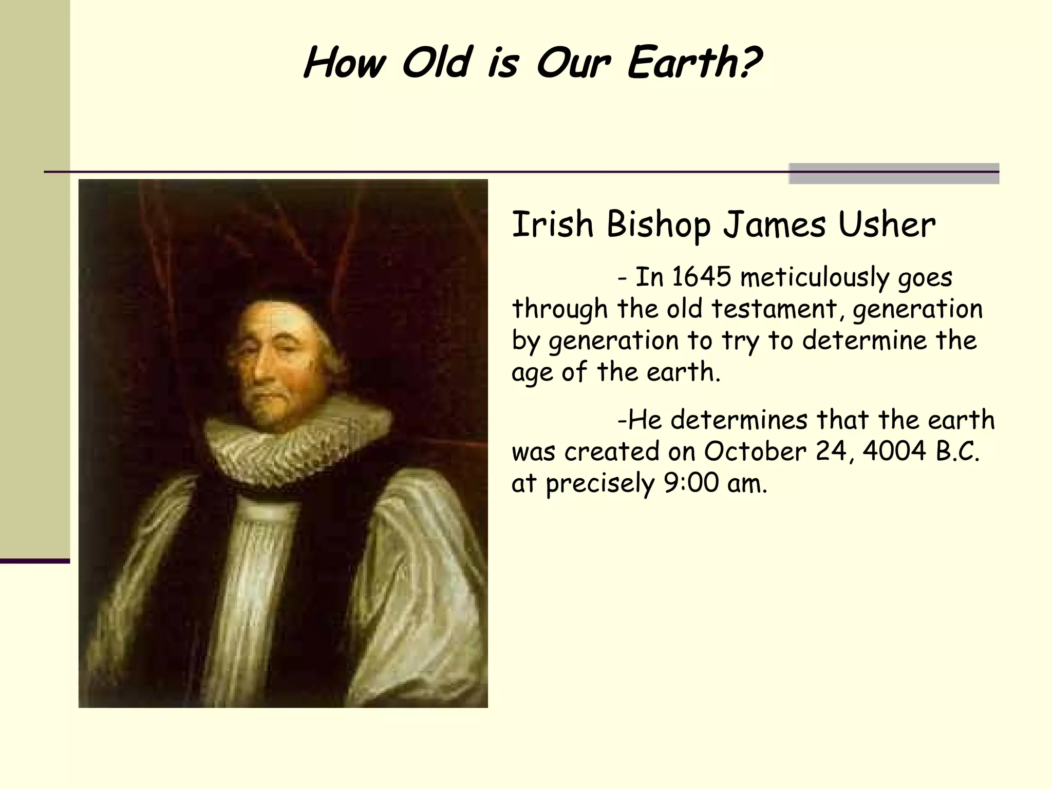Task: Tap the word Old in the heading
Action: pyautogui.click(x=437, y=64)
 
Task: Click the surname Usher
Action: pyautogui.click(x=887, y=225)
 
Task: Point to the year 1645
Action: pyautogui.click(x=701, y=277)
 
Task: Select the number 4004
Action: pyautogui.click(x=894, y=452)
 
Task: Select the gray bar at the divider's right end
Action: pyautogui.click(x=894, y=174)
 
